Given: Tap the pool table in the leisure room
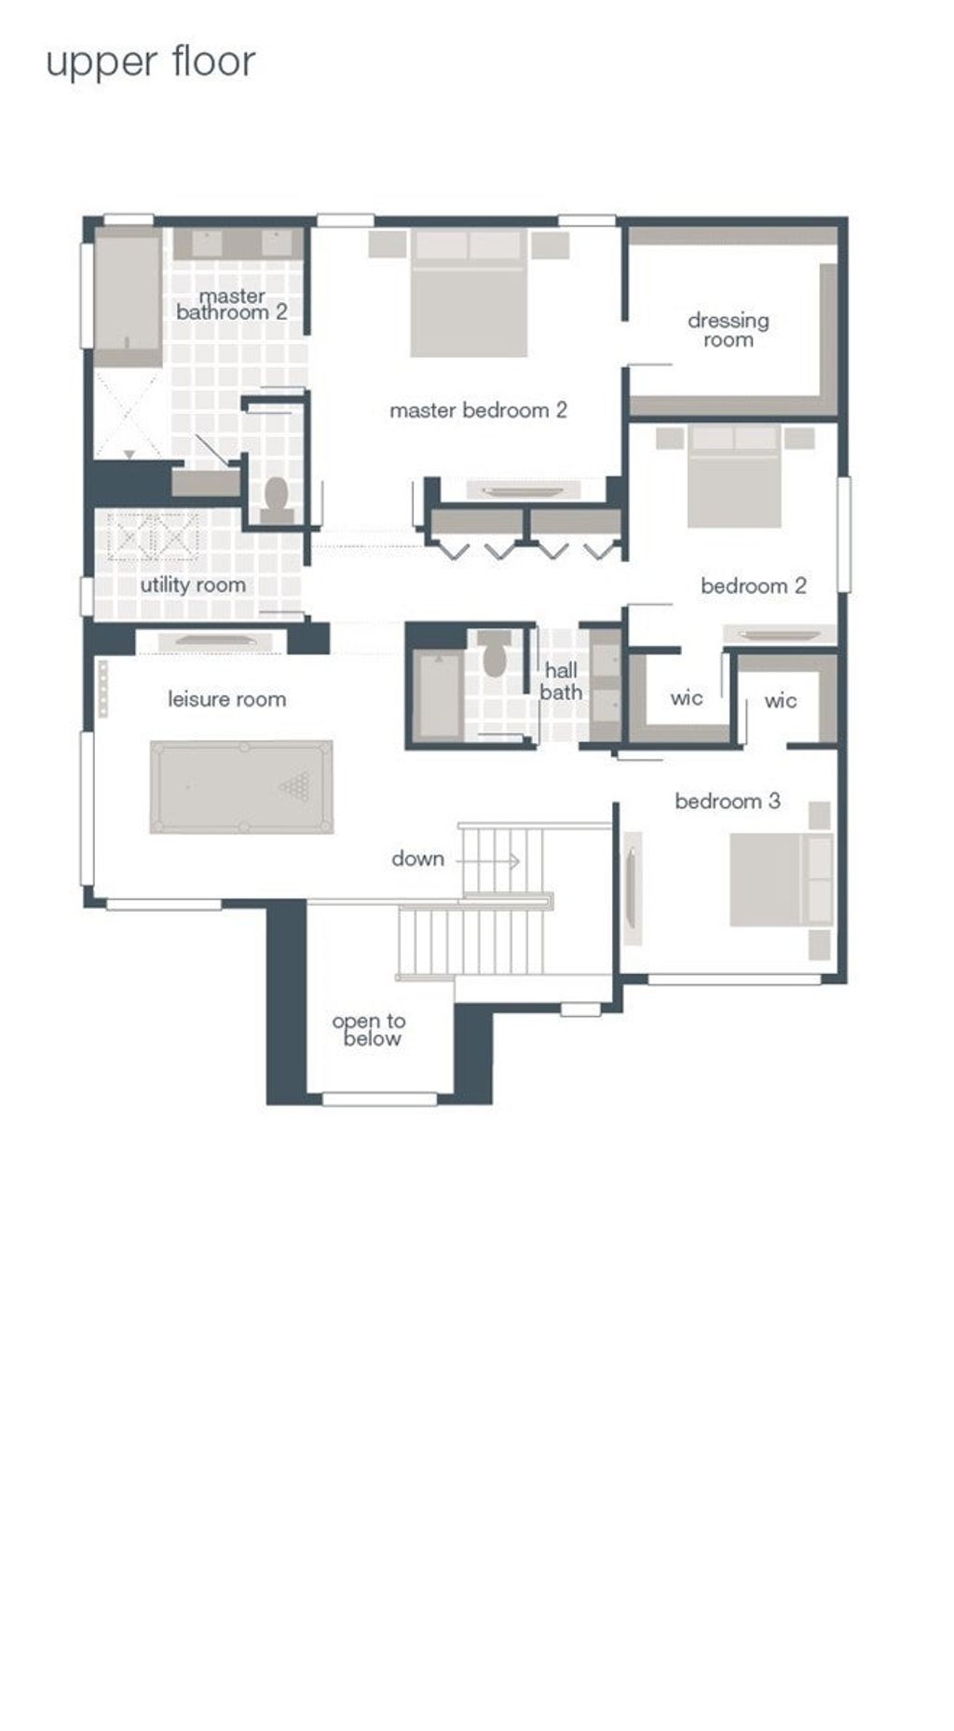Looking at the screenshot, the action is pos(241,787).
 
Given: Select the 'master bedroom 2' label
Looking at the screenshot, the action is pos(478,410).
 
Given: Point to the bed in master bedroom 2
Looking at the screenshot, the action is pos(469,294).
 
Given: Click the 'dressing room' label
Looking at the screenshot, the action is pos(729,330).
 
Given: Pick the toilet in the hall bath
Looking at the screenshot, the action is pos(495,653).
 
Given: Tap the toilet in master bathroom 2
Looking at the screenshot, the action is pos(277,500).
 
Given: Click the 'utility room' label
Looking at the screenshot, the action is pos(193,585).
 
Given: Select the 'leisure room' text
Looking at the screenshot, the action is pos(226,699).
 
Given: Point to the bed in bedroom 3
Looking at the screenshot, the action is pos(781,880).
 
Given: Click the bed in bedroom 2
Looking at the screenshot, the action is pos(735,476).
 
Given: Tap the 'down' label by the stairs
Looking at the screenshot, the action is pos(417,859).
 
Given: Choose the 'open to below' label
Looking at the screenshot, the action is pos(369,1030).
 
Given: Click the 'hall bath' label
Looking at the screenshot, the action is pos(561,681).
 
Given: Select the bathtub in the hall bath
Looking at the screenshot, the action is pos(438,696).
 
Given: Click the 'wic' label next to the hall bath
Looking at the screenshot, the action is pos(687,697).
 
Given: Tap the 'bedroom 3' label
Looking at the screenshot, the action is pos(728,801).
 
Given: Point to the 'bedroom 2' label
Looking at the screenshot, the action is pos(754,585).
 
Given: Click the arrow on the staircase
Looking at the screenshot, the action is pos(487,861).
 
